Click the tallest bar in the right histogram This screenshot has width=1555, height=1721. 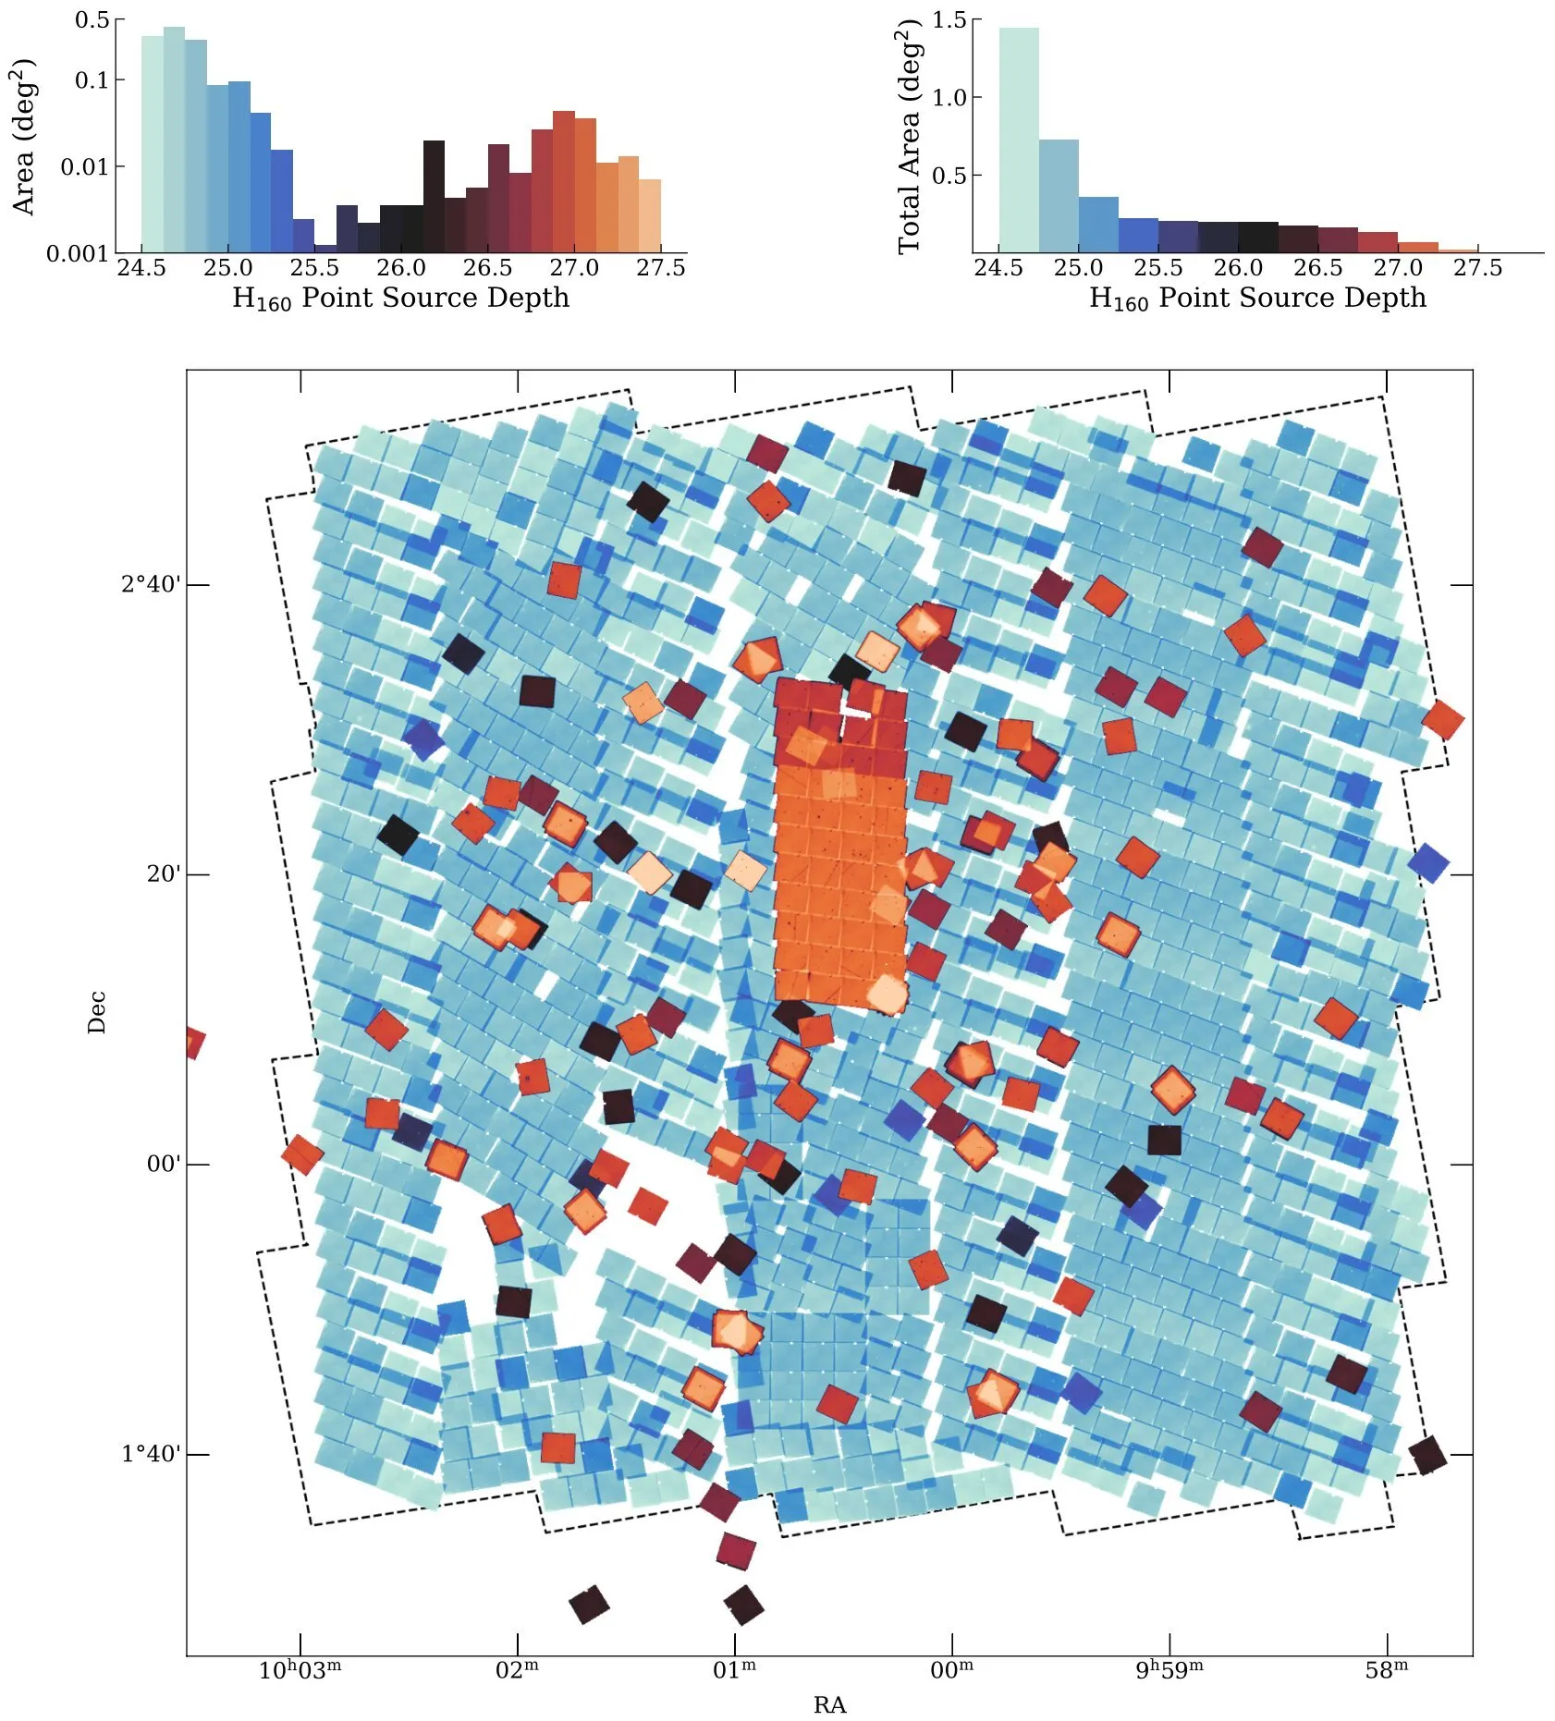tap(1018, 139)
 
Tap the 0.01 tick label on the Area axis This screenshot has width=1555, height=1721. tap(84, 167)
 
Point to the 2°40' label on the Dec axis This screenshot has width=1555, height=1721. tap(152, 584)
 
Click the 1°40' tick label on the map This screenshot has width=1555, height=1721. tap(152, 1454)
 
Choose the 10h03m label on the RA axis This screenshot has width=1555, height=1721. tap(300, 1670)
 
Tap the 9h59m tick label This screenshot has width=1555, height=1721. tap(1169, 1670)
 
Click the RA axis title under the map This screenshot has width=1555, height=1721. tap(829, 1705)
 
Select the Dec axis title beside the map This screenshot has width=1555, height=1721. tap(97, 1012)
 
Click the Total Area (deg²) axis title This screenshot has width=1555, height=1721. tap(910, 137)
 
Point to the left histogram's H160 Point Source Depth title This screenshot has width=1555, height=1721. tap(400, 298)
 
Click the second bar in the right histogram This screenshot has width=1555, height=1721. tap(1059, 195)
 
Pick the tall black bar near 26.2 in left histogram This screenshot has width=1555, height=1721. tap(434, 196)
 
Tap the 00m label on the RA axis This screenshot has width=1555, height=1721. tap(952, 1670)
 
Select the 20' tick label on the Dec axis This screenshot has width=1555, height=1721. tap(164, 873)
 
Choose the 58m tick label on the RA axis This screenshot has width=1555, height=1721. tap(1387, 1670)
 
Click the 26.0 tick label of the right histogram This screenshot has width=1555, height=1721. tap(1237, 268)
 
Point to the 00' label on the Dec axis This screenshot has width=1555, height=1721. tap(164, 1164)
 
